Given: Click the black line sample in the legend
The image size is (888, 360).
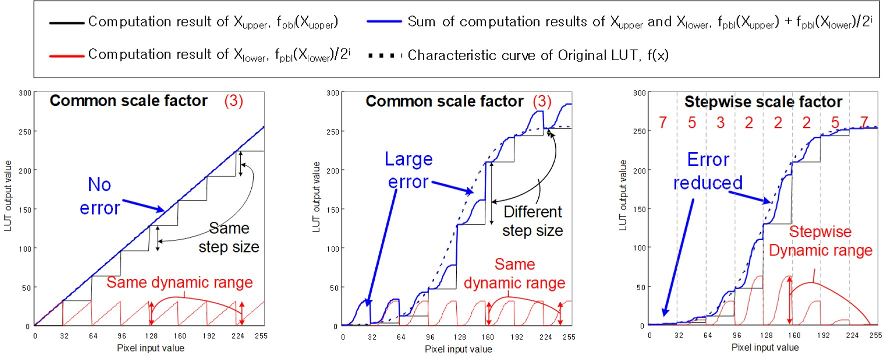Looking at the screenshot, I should pyautogui.click(x=66, y=22).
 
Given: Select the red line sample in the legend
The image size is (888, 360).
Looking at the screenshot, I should pyautogui.click(x=66, y=55).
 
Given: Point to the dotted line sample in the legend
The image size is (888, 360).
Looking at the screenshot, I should pyautogui.click(x=385, y=55).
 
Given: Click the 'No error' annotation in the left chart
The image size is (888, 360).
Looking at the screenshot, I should pyautogui.click(x=100, y=196).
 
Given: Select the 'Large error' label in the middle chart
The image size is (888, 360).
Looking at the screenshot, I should pyautogui.click(x=408, y=170).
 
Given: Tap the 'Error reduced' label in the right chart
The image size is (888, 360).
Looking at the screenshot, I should pyautogui.click(x=708, y=171).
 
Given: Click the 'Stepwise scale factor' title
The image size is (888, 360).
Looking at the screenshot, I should pyautogui.click(x=763, y=102).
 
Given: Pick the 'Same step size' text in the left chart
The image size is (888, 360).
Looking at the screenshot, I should pyautogui.click(x=229, y=237).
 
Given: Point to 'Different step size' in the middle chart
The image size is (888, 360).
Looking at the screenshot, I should pyautogui.click(x=533, y=221).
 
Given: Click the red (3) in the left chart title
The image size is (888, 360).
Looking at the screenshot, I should pyautogui.click(x=233, y=101).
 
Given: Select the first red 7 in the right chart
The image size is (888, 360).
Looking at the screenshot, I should pyautogui.click(x=663, y=122).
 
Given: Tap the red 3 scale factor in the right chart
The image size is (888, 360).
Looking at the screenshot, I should pyautogui.click(x=721, y=122).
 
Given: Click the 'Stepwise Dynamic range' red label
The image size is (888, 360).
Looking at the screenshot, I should pyautogui.click(x=821, y=241).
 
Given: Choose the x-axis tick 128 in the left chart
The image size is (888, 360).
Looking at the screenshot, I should pyautogui.click(x=151, y=336).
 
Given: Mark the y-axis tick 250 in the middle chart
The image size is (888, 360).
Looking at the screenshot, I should pyautogui.click(x=332, y=131).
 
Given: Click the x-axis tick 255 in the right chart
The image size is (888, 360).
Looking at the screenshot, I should pyautogui.click(x=876, y=335).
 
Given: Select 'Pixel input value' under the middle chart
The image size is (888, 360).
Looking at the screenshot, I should pyautogui.click(x=458, y=349).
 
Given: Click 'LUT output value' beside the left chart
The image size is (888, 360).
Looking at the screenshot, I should pyautogui.click(x=8, y=195).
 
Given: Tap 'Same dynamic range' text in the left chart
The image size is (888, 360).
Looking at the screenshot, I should pyautogui.click(x=179, y=282).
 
